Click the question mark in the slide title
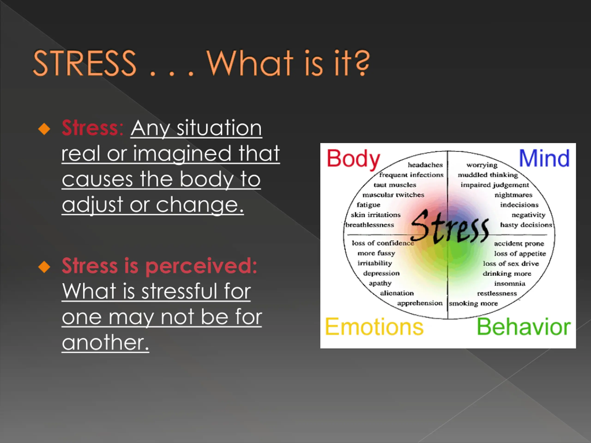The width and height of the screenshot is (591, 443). point(362,63)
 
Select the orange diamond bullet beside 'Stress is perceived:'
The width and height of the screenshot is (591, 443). point(44,267)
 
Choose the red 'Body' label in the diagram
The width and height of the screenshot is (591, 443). point(353,159)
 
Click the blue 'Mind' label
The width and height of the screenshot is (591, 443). point(544,158)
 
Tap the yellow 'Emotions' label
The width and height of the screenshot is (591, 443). point(374,327)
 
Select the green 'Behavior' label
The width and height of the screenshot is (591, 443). point(524,327)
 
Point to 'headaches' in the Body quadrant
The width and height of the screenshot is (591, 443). point(425,165)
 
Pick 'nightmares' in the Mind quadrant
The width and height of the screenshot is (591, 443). point(513,195)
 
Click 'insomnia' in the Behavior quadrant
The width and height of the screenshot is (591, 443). point(510,283)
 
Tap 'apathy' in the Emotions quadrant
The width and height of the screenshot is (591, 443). point(380,283)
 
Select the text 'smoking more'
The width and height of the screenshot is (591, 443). point(473,303)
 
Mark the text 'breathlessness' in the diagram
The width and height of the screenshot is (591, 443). point(370,225)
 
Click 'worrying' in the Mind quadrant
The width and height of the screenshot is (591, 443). point(482,165)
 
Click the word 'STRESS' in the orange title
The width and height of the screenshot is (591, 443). point(84,63)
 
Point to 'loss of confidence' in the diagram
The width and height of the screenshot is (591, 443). point(383,243)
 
